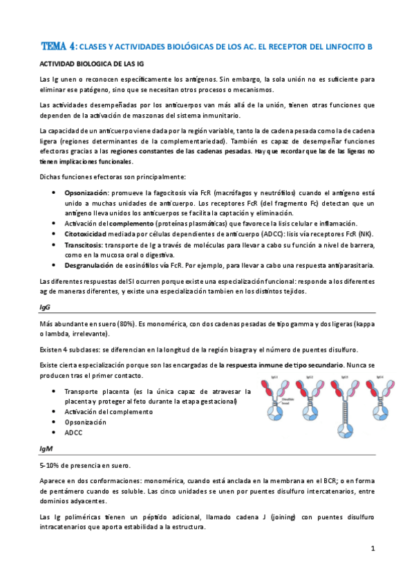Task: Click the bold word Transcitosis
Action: point(84,244)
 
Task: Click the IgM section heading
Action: point(45,449)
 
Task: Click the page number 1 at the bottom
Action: point(372,550)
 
